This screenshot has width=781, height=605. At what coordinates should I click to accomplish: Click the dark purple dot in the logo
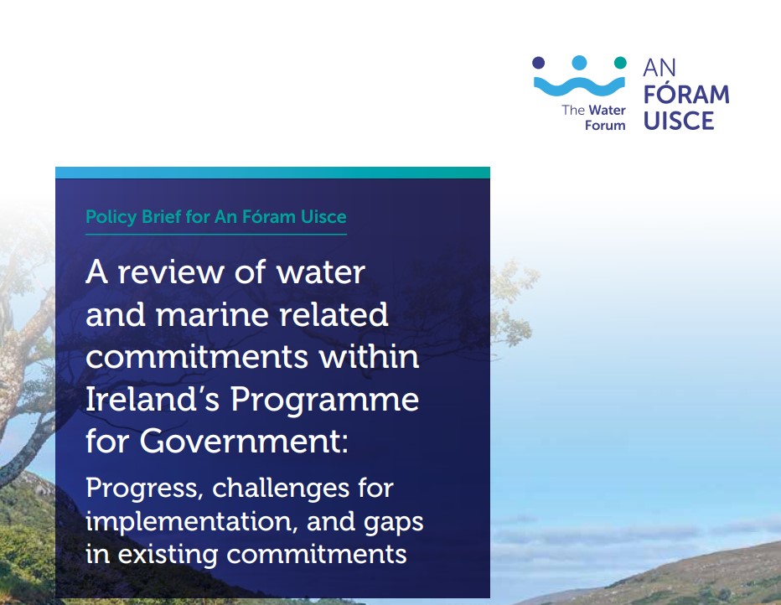click(x=539, y=63)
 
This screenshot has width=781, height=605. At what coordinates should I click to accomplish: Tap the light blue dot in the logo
click(x=579, y=63)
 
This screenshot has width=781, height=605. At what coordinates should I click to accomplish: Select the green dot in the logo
click(x=620, y=63)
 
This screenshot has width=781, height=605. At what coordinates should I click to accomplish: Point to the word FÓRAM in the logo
click(x=686, y=93)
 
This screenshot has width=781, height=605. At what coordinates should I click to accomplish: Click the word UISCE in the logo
click(x=679, y=121)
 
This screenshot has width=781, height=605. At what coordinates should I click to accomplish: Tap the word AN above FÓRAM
click(x=659, y=68)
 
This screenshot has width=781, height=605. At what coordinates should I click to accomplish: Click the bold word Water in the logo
click(x=607, y=110)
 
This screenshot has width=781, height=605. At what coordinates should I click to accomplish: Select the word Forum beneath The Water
click(x=605, y=126)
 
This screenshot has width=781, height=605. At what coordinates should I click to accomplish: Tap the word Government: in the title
click(x=244, y=442)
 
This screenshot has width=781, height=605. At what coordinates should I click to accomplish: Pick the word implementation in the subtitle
click(x=192, y=521)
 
